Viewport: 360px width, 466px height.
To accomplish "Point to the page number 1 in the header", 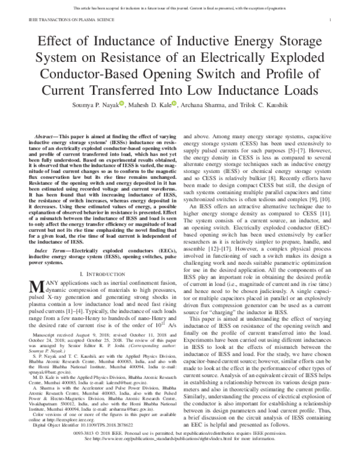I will coord(340,20).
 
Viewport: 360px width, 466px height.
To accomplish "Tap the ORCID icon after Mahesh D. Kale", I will coord(175,104).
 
